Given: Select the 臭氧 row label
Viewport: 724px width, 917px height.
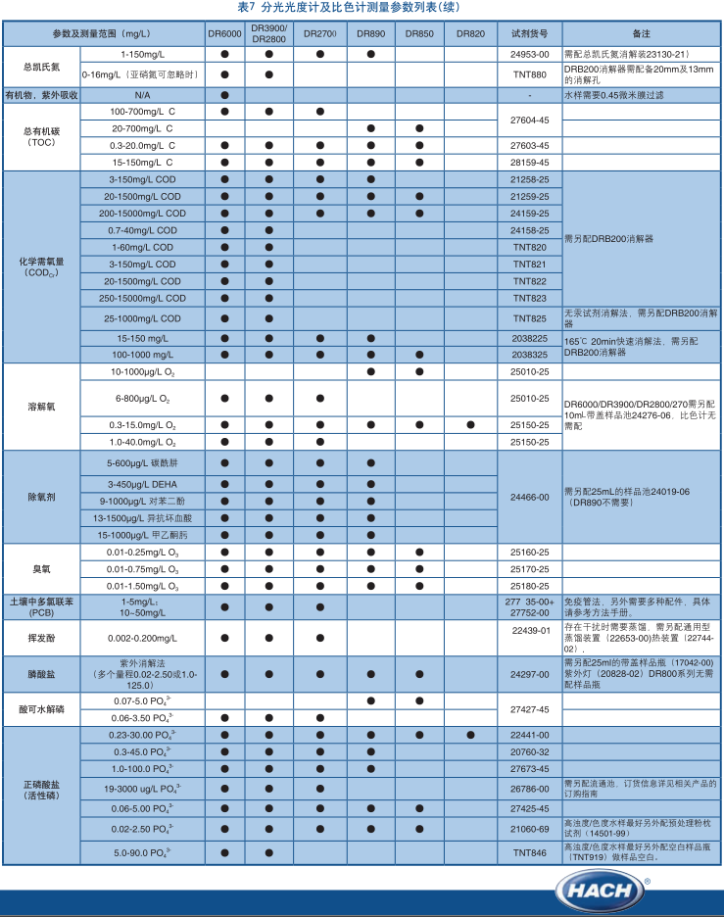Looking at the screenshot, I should pyautogui.click(x=41, y=568).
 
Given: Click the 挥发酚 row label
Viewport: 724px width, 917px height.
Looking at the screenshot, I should pyautogui.click(x=41, y=637).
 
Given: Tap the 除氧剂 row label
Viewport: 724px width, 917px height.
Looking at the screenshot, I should pyautogui.click(x=41, y=497).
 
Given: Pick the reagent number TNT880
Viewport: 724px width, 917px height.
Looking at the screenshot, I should pyautogui.click(x=529, y=74).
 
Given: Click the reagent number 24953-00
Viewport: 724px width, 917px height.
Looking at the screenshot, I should pyautogui.click(x=529, y=54).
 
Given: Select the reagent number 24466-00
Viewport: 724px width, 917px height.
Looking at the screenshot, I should pyautogui.click(x=529, y=497).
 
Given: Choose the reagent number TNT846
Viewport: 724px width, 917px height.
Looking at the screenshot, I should pyautogui.click(x=529, y=853).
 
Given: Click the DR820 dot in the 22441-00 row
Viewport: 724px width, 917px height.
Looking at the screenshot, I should pyautogui.click(x=470, y=735).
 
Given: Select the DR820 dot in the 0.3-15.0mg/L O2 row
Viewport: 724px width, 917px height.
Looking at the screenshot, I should pyautogui.click(x=470, y=425).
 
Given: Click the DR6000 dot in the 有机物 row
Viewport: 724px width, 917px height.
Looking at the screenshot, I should pyautogui.click(x=224, y=95).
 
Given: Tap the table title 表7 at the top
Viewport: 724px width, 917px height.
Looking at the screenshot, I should pyautogui.click(x=362, y=8).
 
